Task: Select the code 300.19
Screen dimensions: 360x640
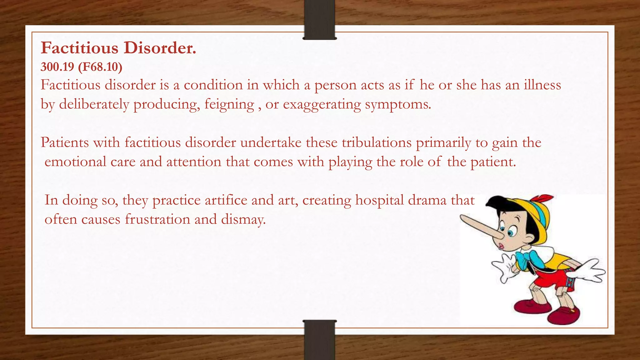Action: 57,67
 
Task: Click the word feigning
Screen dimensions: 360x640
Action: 229,104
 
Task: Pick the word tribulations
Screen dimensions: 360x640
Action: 377,142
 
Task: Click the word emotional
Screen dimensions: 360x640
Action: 75,162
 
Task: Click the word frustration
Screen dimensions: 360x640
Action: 157,219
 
